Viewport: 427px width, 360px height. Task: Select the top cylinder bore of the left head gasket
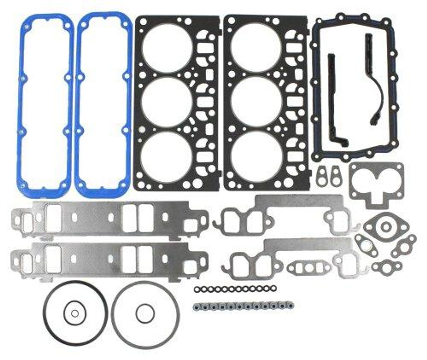point(167,47)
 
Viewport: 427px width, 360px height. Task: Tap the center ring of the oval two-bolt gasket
point(386,227)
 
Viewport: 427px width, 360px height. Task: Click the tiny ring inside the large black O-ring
point(75,313)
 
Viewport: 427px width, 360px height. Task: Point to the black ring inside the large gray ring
point(145,313)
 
